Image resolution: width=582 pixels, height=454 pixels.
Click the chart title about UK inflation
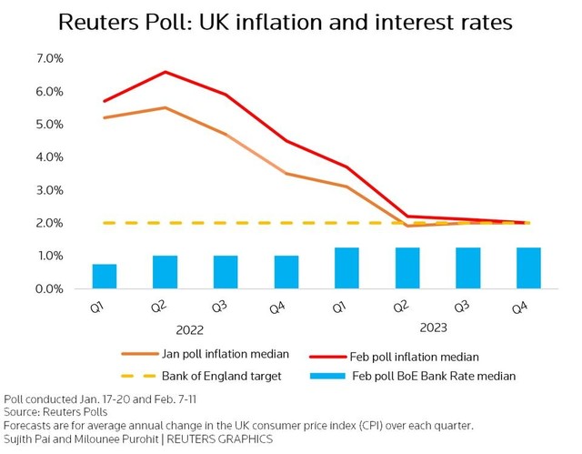pyautogui.click(x=291, y=21)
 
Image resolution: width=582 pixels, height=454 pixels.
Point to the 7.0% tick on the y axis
pyautogui.click(x=48, y=58)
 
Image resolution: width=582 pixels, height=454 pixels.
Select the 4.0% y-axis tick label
pyautogui.click(x=48, y=157)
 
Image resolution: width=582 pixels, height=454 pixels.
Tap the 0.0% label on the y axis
pyautogui.click(x=48, y=289)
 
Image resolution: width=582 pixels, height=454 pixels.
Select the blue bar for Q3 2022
pyautogui.click(x=226, y=272)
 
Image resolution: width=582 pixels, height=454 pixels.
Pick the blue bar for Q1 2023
pyautogui.click(x=346, y=268)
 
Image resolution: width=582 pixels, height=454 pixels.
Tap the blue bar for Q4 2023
pyautogui.click(x=528, y=268)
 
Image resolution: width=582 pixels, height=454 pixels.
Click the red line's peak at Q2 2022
pyautogui.click(x=165, y=72)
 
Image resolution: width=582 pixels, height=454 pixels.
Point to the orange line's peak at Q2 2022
pyautogui.click(x=165, y=107)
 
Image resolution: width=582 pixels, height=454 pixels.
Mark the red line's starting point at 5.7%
pyautogui.click(x=105, y=101)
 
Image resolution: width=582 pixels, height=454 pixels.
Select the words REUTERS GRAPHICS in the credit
pyautogui.click(x=229, y=439)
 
